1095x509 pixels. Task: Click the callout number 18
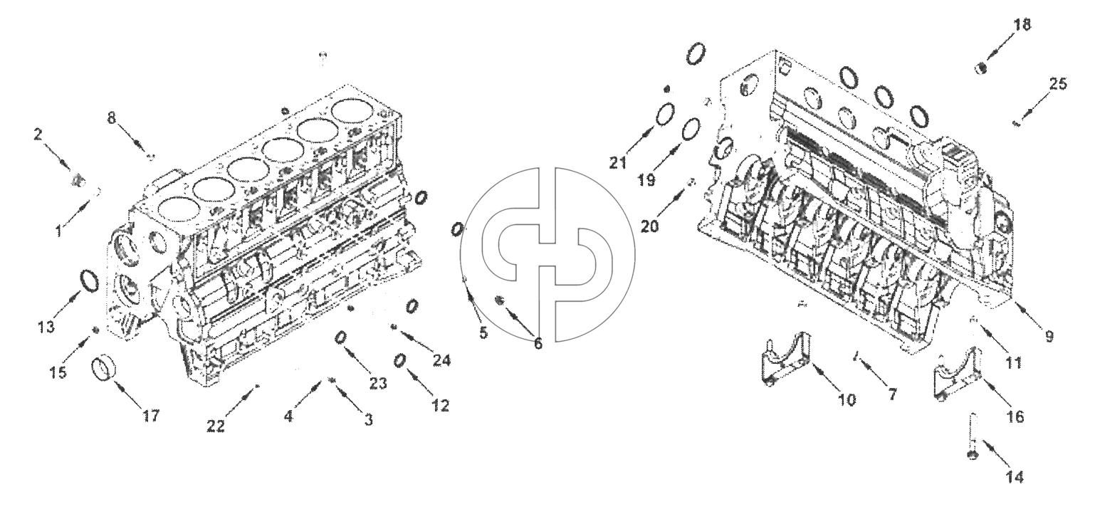pyautogui.click(x=1021, y=24)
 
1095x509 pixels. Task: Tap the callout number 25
pyautogui.click(x=1059, y=83)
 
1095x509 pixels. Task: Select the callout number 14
pyautogui.click(x=1015, y=477)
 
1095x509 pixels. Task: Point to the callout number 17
pyautogui.click(x=150, y=416)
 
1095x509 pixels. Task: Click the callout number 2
pyautogui.click(x=38, y=134)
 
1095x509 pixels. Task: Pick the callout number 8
pyautogui.click(x=112, y=118)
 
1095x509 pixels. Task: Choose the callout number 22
pyautogui.click(x=216, y=426)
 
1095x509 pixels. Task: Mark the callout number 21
pyautogui.click(x=618, y=162)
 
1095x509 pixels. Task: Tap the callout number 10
pyautogui.click(x=847, y=400)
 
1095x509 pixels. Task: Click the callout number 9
pyautogui.click(x=1049, y=337)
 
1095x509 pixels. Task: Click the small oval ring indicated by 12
pyautogui.click(x=399, y=362)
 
